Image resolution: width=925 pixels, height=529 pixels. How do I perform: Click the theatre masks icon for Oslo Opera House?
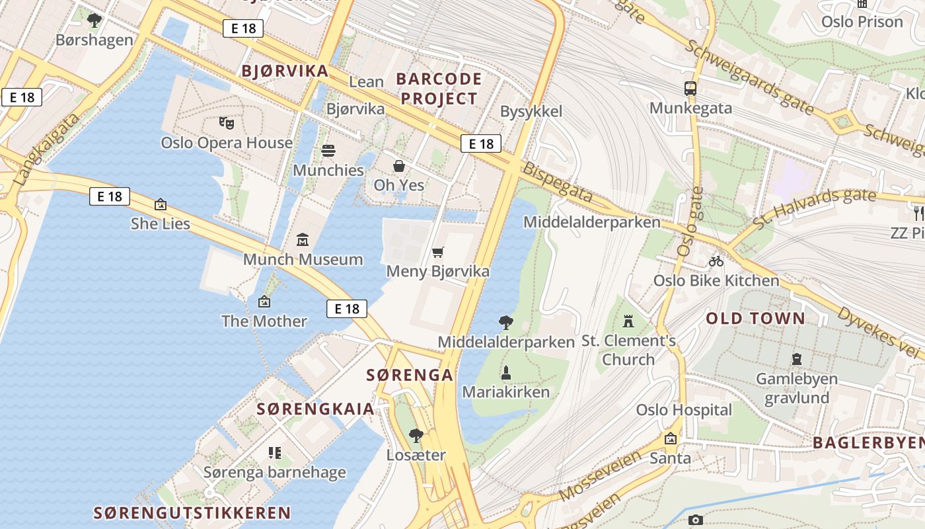tap(227, 122)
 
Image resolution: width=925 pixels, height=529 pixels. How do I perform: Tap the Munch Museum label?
tap(303, 259)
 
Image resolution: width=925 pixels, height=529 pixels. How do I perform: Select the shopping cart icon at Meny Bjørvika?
tap(437, 252)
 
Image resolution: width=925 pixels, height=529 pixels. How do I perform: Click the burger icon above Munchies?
tap(328, 151)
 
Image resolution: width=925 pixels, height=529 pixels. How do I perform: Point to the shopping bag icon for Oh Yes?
tap(399, 165)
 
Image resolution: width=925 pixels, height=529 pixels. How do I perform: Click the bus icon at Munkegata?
tap(690, 88)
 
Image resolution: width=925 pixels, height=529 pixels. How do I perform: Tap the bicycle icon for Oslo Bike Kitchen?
tap(716, 261)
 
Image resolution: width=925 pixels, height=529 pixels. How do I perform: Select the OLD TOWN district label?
tap(755, 318)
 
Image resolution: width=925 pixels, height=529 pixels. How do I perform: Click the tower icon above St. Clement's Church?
tap(628, 321)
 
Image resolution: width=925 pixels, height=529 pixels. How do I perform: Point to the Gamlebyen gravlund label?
tap(797, 389)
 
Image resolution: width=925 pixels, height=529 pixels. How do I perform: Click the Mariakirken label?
tap(505, 392)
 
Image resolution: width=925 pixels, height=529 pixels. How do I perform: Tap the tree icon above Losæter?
tap(416, 436)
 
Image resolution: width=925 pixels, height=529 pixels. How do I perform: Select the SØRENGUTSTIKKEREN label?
tap(192, 512)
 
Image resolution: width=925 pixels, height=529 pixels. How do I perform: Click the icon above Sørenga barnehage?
tap(275, 453)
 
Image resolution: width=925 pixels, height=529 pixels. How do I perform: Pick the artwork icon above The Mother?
tap(264, 302)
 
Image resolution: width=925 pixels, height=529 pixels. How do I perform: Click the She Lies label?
tap(161, 224)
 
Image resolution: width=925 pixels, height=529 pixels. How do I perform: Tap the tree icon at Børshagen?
tap(94, 20)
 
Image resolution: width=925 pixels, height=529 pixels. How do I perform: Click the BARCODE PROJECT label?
tap(439, 89)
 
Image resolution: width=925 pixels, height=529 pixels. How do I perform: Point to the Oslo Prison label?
tap(862, 22)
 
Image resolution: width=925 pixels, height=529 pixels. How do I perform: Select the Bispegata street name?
tap(558, 182)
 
